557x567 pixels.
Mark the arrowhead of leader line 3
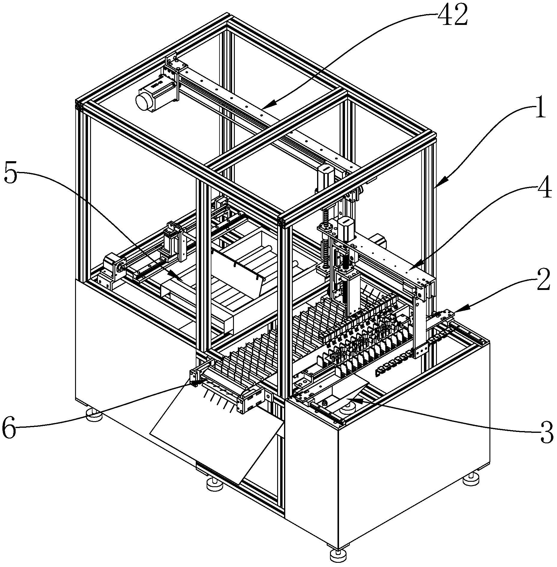(348, 399)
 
